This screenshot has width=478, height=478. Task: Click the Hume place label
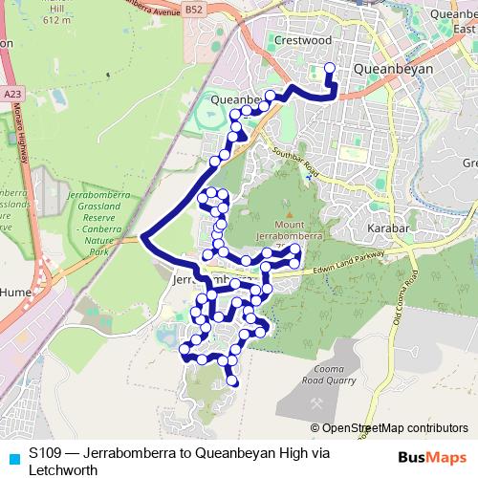(x=16, y=290)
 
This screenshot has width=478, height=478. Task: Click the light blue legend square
(x=12, y=456)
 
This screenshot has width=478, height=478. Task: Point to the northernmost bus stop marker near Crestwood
(x=330, y=68)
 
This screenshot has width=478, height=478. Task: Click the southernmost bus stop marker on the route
(x=233, y=382)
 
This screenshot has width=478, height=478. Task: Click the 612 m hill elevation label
(x=56, y=19)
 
